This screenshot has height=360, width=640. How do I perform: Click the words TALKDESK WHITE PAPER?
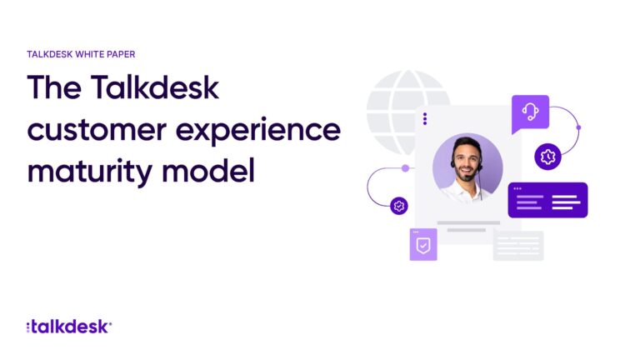coord(81,54)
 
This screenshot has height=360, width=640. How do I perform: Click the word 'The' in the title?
coord(54,87)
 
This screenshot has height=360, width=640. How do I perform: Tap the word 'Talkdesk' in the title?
coord(155,87)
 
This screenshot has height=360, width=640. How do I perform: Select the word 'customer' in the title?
coord(97,130)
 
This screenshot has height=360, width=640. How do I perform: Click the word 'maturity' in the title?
coord(90,172)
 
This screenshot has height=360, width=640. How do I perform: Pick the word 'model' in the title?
coord(208,170)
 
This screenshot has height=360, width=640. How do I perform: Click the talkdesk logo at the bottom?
coord(69,327)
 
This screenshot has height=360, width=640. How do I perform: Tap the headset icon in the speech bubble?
coord(530,112)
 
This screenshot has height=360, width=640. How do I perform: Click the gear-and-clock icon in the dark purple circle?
coord(547,157)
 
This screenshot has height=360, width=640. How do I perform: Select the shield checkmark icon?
coord(423,246)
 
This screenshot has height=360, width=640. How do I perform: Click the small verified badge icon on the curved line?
coord(399,206)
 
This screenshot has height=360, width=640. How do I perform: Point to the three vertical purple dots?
coord(425,119)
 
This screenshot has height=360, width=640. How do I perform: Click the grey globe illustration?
coord(392,110)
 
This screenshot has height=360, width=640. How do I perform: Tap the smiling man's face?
coord(467,161)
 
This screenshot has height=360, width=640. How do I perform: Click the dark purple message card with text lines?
coord(547,200)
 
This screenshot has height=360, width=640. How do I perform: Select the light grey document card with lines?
coord(518,245)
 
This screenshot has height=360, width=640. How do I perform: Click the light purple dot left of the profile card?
coord(405,168)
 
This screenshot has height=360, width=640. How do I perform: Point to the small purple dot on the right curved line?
coord(578,127)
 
